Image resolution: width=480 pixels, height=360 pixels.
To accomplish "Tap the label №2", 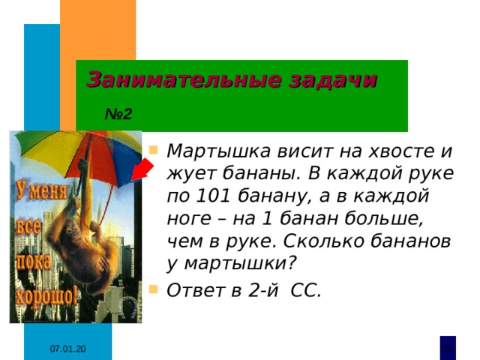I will pyautogui.click(x=118, y=115).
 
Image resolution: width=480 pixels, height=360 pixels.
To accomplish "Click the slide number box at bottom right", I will pyautogui.click(x=447, y=347).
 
